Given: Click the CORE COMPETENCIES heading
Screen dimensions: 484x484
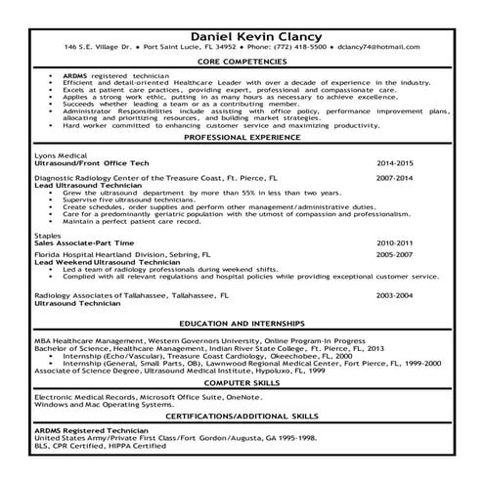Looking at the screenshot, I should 242,62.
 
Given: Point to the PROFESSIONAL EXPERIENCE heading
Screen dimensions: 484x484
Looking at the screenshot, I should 242,138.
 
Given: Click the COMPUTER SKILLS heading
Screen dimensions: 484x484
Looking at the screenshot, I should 242,384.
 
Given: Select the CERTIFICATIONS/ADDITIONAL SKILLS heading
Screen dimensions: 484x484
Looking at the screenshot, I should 242,416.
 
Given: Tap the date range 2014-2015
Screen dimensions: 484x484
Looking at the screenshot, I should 394,161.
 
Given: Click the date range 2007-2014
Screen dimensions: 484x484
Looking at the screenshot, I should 394,178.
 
